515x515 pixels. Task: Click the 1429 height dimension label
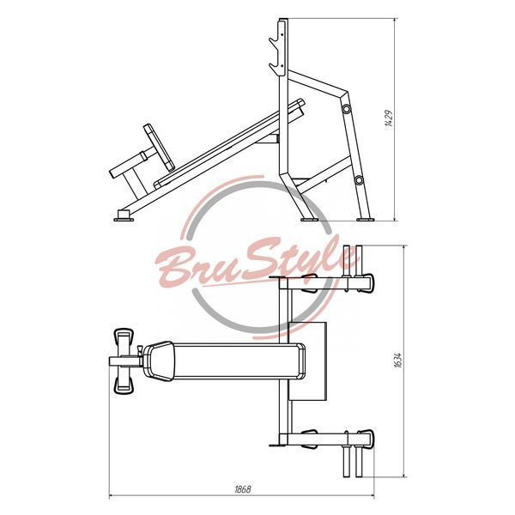(389, 118)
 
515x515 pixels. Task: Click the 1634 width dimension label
(397, 360)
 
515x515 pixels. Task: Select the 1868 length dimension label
(243, 489)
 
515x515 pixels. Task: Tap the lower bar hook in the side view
(276, 69)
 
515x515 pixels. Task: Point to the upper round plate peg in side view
(346, 108)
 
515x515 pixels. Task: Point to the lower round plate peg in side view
(359, 179)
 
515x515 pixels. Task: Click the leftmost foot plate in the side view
(124, 216)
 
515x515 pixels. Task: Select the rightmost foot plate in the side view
(366, 219)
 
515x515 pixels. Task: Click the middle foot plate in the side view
(309, 219)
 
